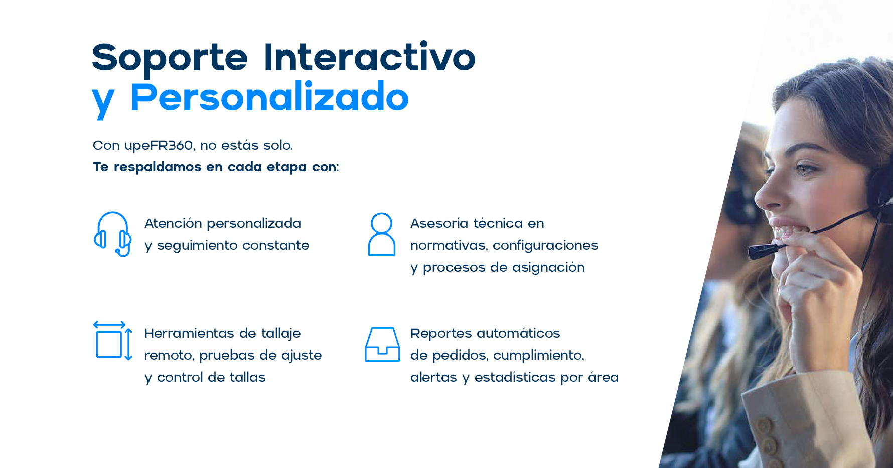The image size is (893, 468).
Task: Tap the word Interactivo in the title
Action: click(x=369, y=56)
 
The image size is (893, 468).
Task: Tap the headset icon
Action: click(x=113, y=234)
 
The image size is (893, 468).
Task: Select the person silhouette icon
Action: click(x=382, y=234)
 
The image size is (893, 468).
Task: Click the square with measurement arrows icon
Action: click(x=113, y=340)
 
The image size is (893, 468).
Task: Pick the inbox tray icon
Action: click(x=382, y=344)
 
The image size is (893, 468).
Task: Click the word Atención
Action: click(x=173, y=223)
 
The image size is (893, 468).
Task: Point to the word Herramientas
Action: click(x=189, y=333)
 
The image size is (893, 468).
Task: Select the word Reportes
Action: click(x=441, y=333)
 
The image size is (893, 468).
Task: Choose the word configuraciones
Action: click(x=545, y=246)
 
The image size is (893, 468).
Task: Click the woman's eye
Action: click(x=805, y=169)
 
